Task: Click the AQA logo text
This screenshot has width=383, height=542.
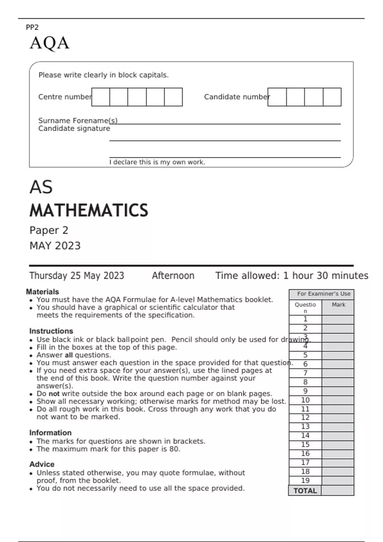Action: click(x=49, y=43)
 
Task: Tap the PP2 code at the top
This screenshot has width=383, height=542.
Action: click(x=32, y=27)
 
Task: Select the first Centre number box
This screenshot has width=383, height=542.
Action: click(x=101, y=97)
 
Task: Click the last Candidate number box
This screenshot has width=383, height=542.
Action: click(x=332, y=97)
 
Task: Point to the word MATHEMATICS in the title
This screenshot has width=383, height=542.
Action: click(x=89, y=210)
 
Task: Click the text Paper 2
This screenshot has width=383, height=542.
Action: click(x=49, y=230)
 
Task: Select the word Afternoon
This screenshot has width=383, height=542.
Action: click(x=173, y=275)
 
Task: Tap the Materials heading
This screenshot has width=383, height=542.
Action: click(x=42, y=292)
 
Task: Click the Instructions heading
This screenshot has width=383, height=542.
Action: click(x=51, y=331)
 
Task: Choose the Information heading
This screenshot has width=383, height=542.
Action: click(x=50, y=433)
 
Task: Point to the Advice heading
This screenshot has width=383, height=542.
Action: click(x=42, y=464)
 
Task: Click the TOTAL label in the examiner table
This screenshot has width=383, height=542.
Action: click(x=305, y=491)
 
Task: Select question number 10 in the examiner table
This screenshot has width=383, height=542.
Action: click(x=305, y=400)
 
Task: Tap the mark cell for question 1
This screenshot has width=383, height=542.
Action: click(x=338, y=319)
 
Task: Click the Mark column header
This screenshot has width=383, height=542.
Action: click(x=338, y=305)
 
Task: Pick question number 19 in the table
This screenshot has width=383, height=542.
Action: click(x=305, y=480)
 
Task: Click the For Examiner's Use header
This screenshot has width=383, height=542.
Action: click(x=323, y=294)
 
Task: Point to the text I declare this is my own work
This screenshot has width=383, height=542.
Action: click(x=157, y=162)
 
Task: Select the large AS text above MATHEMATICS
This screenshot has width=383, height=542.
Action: click(x=41, y=187)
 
